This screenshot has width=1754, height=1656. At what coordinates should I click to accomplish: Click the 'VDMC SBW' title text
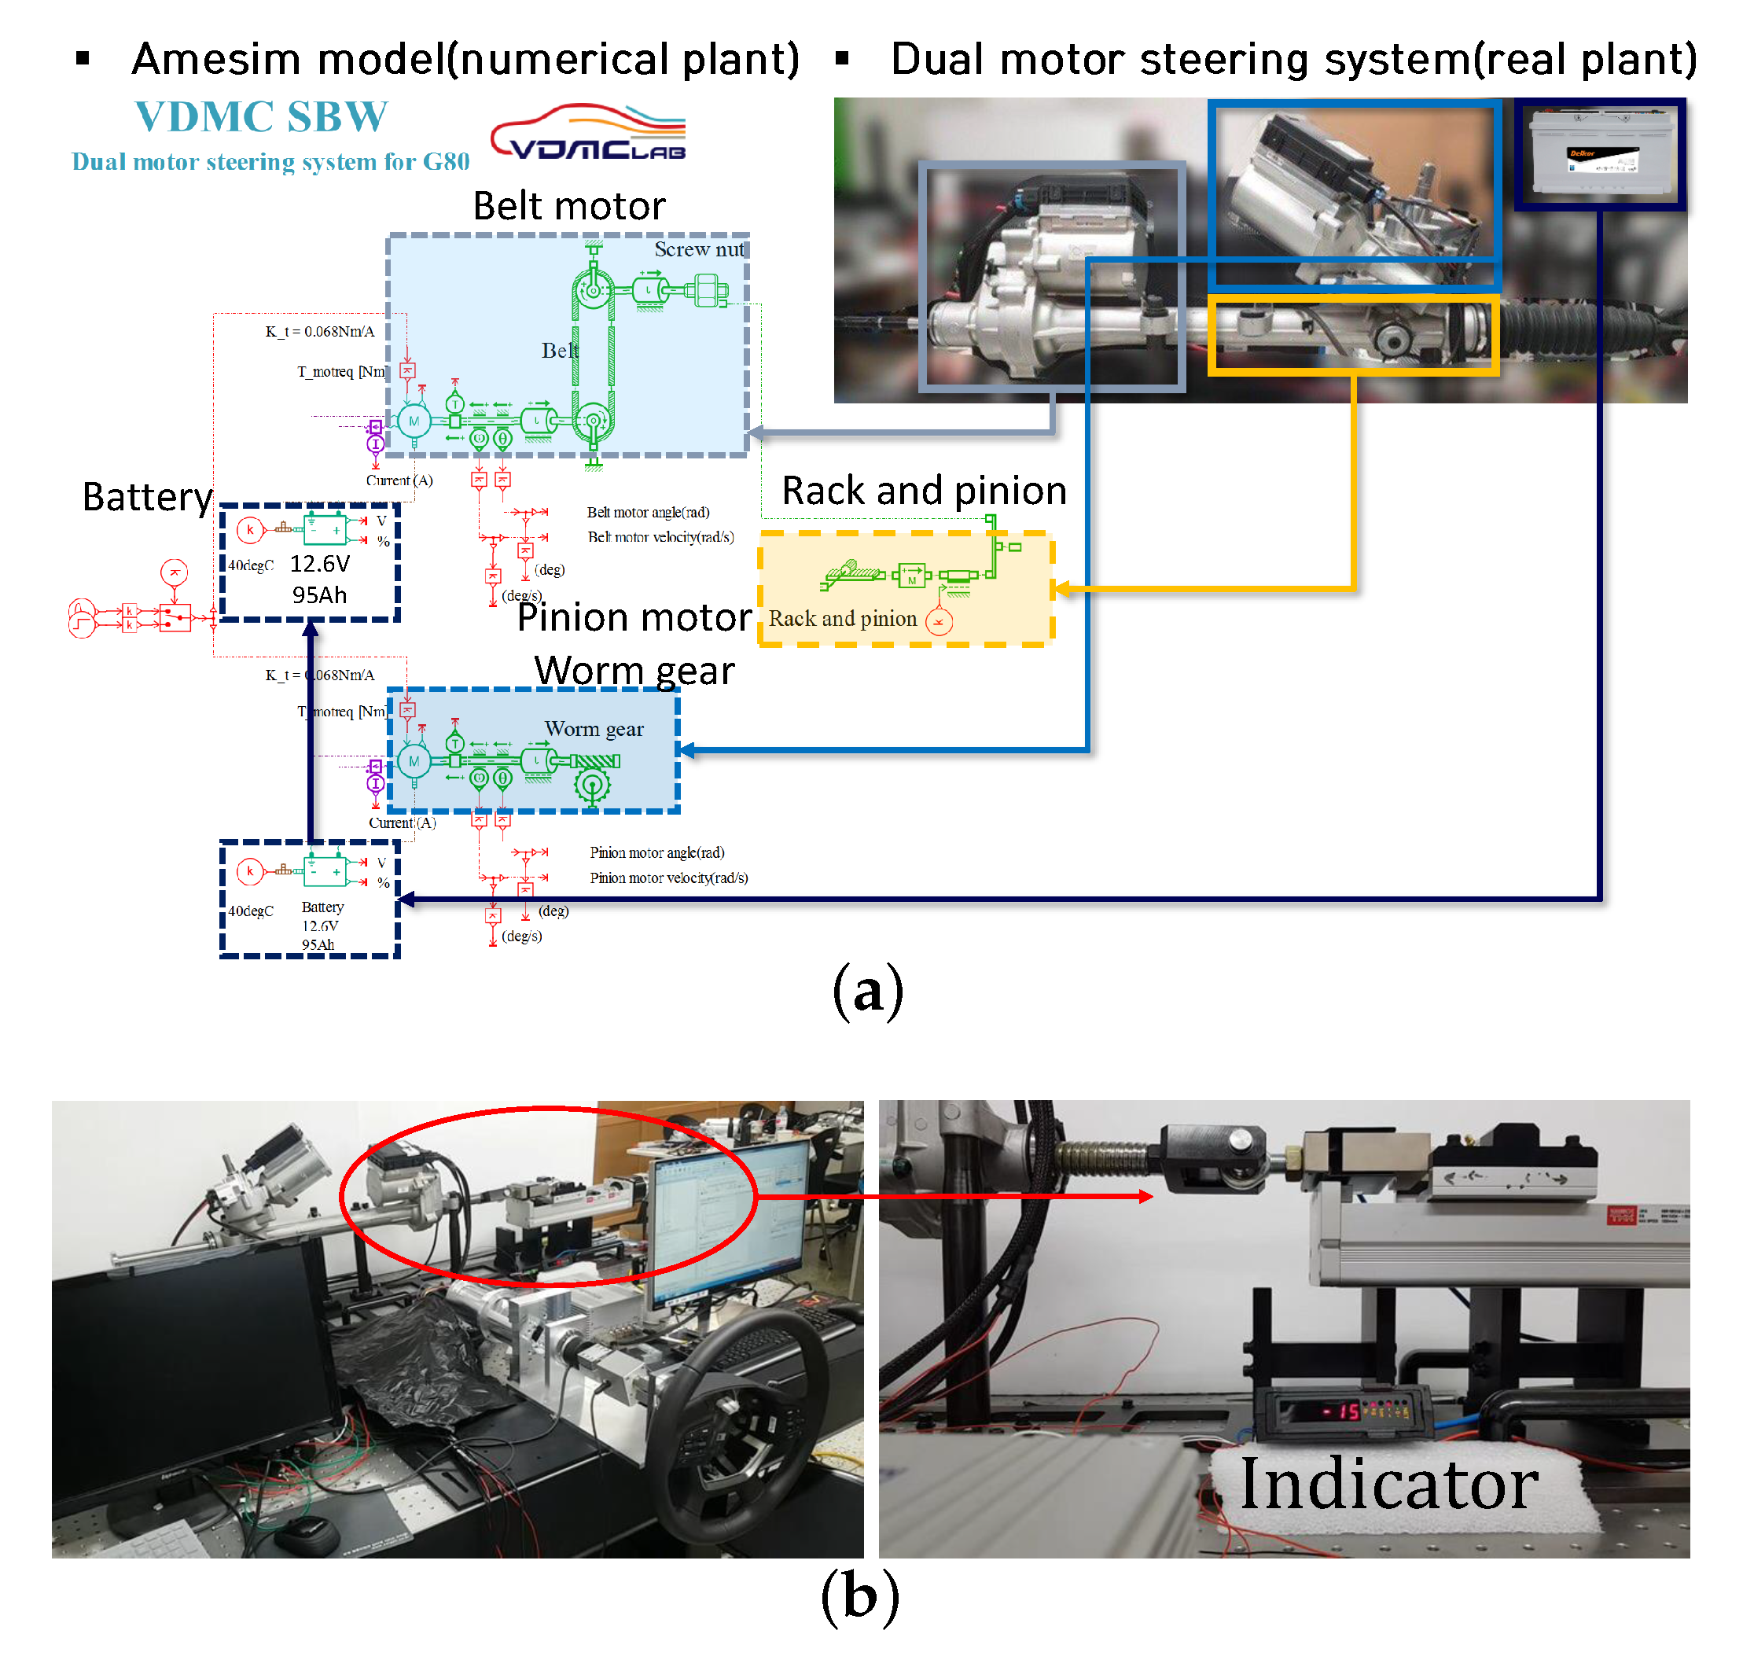(x=261, y=116)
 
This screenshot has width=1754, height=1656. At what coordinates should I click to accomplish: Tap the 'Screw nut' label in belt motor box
(x=699, y=250)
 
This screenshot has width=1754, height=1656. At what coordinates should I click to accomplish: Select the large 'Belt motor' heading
(x=569, y=206)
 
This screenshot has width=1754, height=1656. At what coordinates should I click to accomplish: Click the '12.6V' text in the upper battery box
(x=319, y=564)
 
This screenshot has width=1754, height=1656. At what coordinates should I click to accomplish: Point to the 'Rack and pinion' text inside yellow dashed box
(x=842, y=619)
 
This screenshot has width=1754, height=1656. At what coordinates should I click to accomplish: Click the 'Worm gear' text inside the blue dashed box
(x=594, y=729)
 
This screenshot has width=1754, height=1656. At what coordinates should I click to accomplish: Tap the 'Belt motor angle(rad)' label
(x=648, y=513)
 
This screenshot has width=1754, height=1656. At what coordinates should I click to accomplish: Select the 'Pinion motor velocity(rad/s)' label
(x=668, y=878)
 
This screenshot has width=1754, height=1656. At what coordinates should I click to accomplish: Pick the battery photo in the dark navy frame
(x=1601, y=152)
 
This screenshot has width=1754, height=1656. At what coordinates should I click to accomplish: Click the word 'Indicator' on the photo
(x=1388, y=1485)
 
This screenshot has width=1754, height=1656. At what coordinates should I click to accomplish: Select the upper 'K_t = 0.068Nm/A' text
(x=319, y=332)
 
